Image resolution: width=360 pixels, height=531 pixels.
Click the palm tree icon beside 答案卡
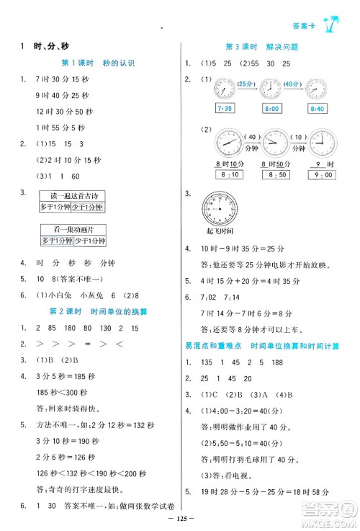[335, 26]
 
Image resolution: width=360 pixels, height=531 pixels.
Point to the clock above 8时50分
[274, 143]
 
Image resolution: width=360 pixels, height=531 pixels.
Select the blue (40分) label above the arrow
[294, 84]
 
